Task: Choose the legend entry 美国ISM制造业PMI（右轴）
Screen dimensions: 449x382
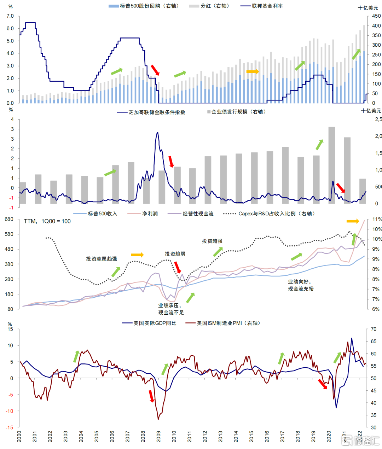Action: click(228, 323)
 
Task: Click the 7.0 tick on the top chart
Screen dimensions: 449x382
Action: click(10, 16)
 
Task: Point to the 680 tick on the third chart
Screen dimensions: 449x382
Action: click(9, 219)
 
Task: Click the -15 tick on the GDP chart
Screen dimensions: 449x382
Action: click(9, 427)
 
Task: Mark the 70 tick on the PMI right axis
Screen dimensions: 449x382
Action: click(374, 329)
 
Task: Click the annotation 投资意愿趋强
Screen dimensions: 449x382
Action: click(101, 259)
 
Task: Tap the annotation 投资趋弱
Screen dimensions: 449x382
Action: click(175, 254)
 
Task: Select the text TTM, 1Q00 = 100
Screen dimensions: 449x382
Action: click(47, 221)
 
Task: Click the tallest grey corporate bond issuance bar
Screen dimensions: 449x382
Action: click(331, 165)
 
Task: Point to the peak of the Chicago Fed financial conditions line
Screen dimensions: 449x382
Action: click(157, 133)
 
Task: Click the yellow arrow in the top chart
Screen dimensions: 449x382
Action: click(253, 72)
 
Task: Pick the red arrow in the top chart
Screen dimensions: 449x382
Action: click(155, 70)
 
